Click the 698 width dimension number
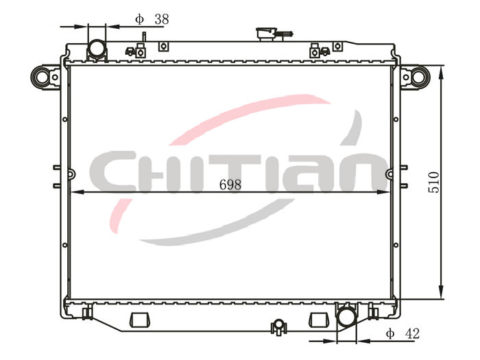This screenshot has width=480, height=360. [x=230, y=184]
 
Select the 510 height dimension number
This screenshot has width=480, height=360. [x=433, y=182]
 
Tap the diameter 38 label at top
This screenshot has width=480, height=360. [x=152, y=19]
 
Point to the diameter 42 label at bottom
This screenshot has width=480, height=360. [x=403, y=333]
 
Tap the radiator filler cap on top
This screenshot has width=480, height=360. [x=267, y=34]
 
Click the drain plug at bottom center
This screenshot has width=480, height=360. [x=278, y=327]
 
